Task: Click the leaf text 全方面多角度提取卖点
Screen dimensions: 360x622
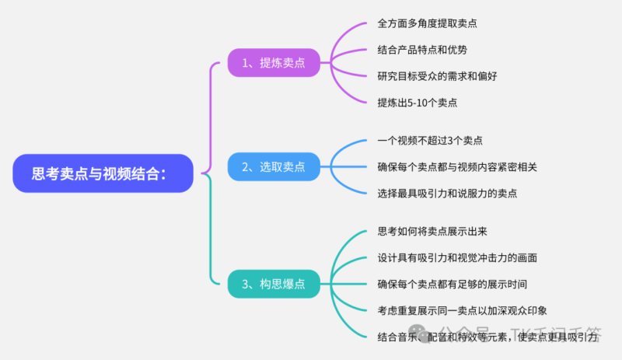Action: [x=427, y=23]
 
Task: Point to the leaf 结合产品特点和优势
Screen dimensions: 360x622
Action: [x=422, y=50]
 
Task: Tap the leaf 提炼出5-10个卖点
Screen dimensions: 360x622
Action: [x=417, y=103]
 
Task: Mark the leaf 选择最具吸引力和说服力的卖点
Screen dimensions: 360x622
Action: [x=447, y=193]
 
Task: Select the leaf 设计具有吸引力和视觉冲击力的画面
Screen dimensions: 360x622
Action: [x=457, y=257]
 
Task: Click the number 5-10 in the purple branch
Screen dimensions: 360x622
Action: [x=423, y=103]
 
